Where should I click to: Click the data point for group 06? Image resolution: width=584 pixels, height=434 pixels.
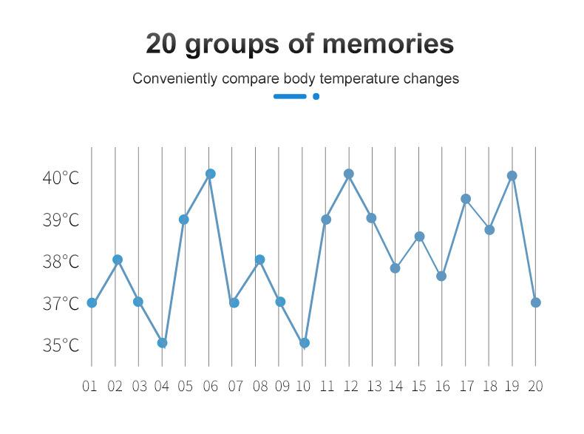tap(210, 174)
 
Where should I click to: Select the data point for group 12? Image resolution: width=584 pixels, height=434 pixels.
tap(349, 174)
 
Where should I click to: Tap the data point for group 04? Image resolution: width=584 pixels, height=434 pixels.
tap(162, 343)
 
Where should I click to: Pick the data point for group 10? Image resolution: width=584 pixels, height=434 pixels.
tap(304, 343)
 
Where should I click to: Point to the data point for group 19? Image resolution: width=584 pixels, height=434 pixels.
tap(512, 176)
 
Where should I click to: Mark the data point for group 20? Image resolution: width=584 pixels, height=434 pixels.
tap(536, 302)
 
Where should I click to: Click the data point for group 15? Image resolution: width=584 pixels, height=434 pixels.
tap(419, 237)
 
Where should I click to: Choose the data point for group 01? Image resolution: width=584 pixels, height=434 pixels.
tap(92, 303)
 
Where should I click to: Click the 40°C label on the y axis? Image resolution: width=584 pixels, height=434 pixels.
tap(60, 178)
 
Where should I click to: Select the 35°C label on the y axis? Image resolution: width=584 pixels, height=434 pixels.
tap(60, 345)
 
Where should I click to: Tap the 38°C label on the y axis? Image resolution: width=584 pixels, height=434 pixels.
tap(60, 262)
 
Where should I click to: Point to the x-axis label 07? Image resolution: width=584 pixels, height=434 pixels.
tap(235, 386)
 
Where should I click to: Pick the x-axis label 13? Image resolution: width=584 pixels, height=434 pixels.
tap(374, 386)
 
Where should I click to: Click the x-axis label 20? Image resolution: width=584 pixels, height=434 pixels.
tap(536, 386)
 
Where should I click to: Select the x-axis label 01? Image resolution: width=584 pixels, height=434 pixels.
tap(90, 386)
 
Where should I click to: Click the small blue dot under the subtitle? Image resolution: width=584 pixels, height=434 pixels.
tap(316, 96)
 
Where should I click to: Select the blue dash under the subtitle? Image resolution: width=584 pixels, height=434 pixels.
tap(290, 96)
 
